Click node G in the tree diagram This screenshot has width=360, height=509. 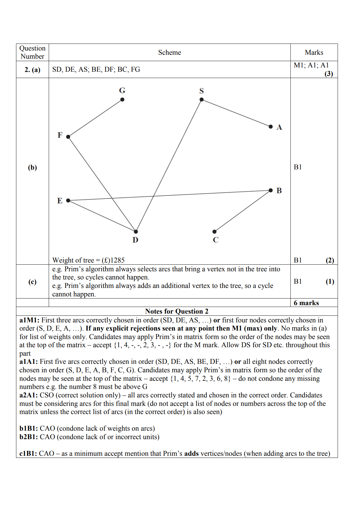tap(122, 100)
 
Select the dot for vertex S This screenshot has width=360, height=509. tap(201, 100)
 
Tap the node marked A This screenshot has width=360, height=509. tap(270, 126)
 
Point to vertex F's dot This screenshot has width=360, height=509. tap(68, 137)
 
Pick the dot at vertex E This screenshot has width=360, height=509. tap(68, 201)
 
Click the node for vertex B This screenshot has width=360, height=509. tap(270, 190)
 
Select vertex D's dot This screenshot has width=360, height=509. tap(136, 232)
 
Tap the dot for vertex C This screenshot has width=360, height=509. tap(214, 232)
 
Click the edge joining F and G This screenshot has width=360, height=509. tap(95, 118)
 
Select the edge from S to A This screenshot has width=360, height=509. tap(236, 113)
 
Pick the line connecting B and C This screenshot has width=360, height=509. tap(242, 211)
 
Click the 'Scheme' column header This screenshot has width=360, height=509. tap(169, 53)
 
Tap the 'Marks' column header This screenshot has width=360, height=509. tap(314, 53)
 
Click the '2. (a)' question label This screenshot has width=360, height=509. tap(32, 70)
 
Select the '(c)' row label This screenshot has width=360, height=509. tap(32, 282)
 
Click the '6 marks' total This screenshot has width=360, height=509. tap(306, 303)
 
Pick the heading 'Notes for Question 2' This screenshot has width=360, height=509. tap(177, 312)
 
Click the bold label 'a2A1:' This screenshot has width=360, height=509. tap(28, 395)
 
